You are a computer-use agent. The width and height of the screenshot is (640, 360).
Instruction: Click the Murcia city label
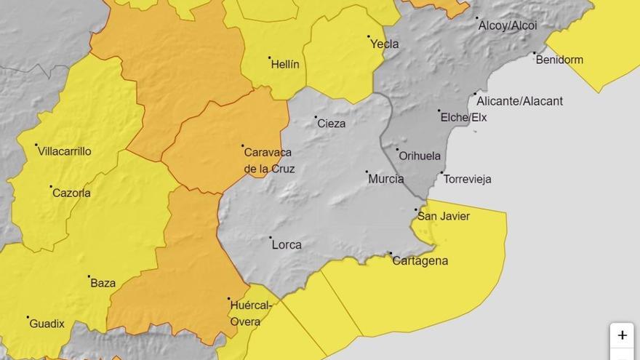[x=385, y=179]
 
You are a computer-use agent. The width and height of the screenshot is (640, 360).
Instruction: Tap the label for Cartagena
[x=420, y=261]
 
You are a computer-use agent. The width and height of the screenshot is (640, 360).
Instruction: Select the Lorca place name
[x=286, y=245]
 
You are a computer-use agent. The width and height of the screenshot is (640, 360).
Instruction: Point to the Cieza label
[x=331, y=124]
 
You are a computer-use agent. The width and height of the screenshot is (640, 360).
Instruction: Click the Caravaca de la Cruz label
[x=268, y=161]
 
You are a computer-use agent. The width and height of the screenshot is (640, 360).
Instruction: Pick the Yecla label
[x=384, y=44]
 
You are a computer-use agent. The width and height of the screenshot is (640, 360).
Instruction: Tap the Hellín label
[x=284, y=65]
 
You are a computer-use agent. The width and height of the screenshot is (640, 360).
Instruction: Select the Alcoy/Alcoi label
[x=507, y=25]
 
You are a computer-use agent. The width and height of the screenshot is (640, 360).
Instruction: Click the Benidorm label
[x=559, y=60]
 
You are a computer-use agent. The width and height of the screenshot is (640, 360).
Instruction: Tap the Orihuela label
[x=420, y=156]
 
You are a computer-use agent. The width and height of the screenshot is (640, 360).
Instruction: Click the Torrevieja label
[x=467, y=179]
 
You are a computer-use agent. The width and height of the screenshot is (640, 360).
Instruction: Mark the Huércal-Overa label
[x=251, y=313]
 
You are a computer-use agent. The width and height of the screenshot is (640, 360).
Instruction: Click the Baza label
[x=103, y=284]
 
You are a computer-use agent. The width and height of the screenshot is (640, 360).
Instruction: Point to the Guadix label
[x=47, y=324]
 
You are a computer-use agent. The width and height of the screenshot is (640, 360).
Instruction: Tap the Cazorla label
[x=71, y=193]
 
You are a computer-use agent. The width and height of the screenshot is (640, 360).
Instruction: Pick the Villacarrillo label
[x=65, y=151]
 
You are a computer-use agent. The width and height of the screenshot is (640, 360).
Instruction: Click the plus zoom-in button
[x=622, y=335]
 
